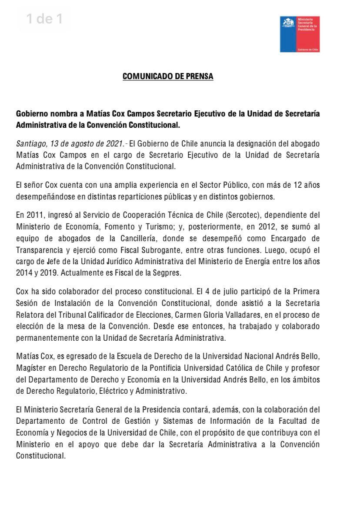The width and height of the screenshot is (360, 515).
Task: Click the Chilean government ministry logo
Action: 300,34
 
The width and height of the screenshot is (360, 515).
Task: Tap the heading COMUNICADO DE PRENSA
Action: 168,76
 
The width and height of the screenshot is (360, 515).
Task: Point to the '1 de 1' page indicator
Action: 44,19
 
